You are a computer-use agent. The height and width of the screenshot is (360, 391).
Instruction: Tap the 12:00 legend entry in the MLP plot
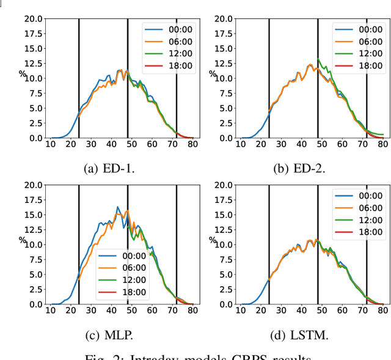[119, 280]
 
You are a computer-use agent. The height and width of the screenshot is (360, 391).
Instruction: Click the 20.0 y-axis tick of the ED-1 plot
[34, 18]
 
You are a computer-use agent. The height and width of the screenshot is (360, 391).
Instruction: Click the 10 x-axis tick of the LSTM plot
[241, 310]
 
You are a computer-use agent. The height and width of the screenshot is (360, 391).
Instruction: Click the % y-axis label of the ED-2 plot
[213, 74]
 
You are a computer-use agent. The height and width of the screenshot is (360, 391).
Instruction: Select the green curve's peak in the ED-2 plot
[318, 59]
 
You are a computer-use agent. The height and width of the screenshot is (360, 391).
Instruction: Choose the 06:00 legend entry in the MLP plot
[119, 268]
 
